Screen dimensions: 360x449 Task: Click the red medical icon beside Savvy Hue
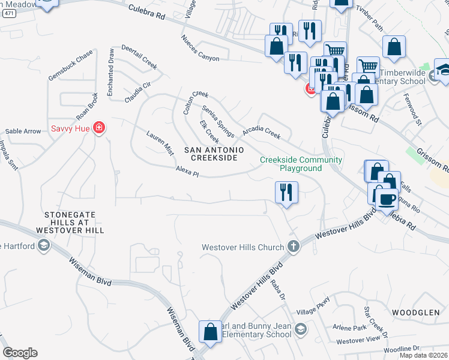click(100, 128)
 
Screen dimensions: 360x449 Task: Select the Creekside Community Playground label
click(301, 164)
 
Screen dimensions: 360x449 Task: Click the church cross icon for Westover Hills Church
click(294, 247)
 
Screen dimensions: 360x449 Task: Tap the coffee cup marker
click(385, 197)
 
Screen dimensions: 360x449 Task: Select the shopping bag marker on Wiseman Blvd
click(211, 332)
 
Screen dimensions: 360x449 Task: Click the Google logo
click(20, 353)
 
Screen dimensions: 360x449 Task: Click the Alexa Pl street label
click(187, 173)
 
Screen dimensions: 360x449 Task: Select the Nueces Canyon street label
click(200, 48)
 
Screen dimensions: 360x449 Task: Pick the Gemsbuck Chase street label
click(70, 65)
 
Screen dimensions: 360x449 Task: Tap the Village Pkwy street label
click(313, 307)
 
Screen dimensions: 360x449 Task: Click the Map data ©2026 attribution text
click(423, 355)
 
